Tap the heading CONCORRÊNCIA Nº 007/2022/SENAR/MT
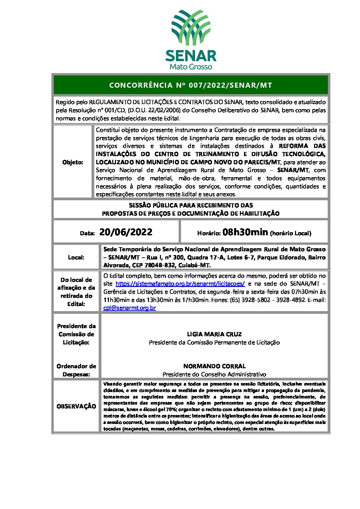click(191, 85)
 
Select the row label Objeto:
click(73, 162)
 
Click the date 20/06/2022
click(126, 232)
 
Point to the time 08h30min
click(245, 232)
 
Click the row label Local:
click(76, 257)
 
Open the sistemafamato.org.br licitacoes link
click(180, 284)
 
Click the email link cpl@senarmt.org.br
click(130, 308)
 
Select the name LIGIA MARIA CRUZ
click(214, 334)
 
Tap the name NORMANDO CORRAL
click(214, 366)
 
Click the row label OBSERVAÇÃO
click(76, 406)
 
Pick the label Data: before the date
click(87, 233)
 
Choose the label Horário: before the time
click(209, 233)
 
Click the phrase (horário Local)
click(291, 233)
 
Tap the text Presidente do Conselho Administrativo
click(214, 374)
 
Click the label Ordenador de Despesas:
click(76, 370)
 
